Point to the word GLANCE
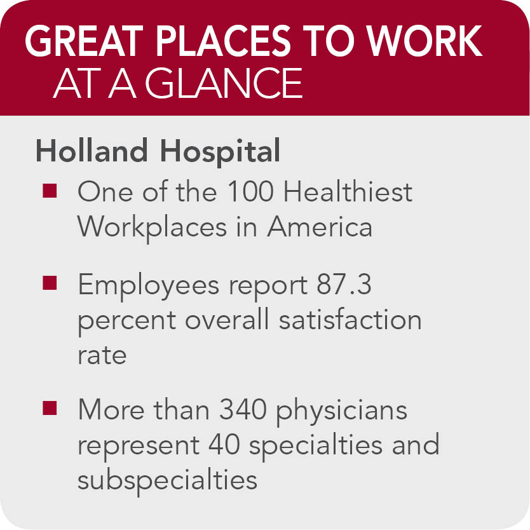[x=224, y=83]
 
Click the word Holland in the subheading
[x=92, y=151]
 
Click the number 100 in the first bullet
[x=250, y=191]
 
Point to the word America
[x=320, y=227]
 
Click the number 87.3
[x=344, y=285]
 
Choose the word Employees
[x=149, y=287]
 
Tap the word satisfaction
[x=350, y=319]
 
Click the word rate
[x=102, y=356]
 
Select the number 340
[x=243, y=410]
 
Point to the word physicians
[x=342, y=412]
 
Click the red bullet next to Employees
[x=50, y=283]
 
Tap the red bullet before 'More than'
[x=50, y=407]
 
